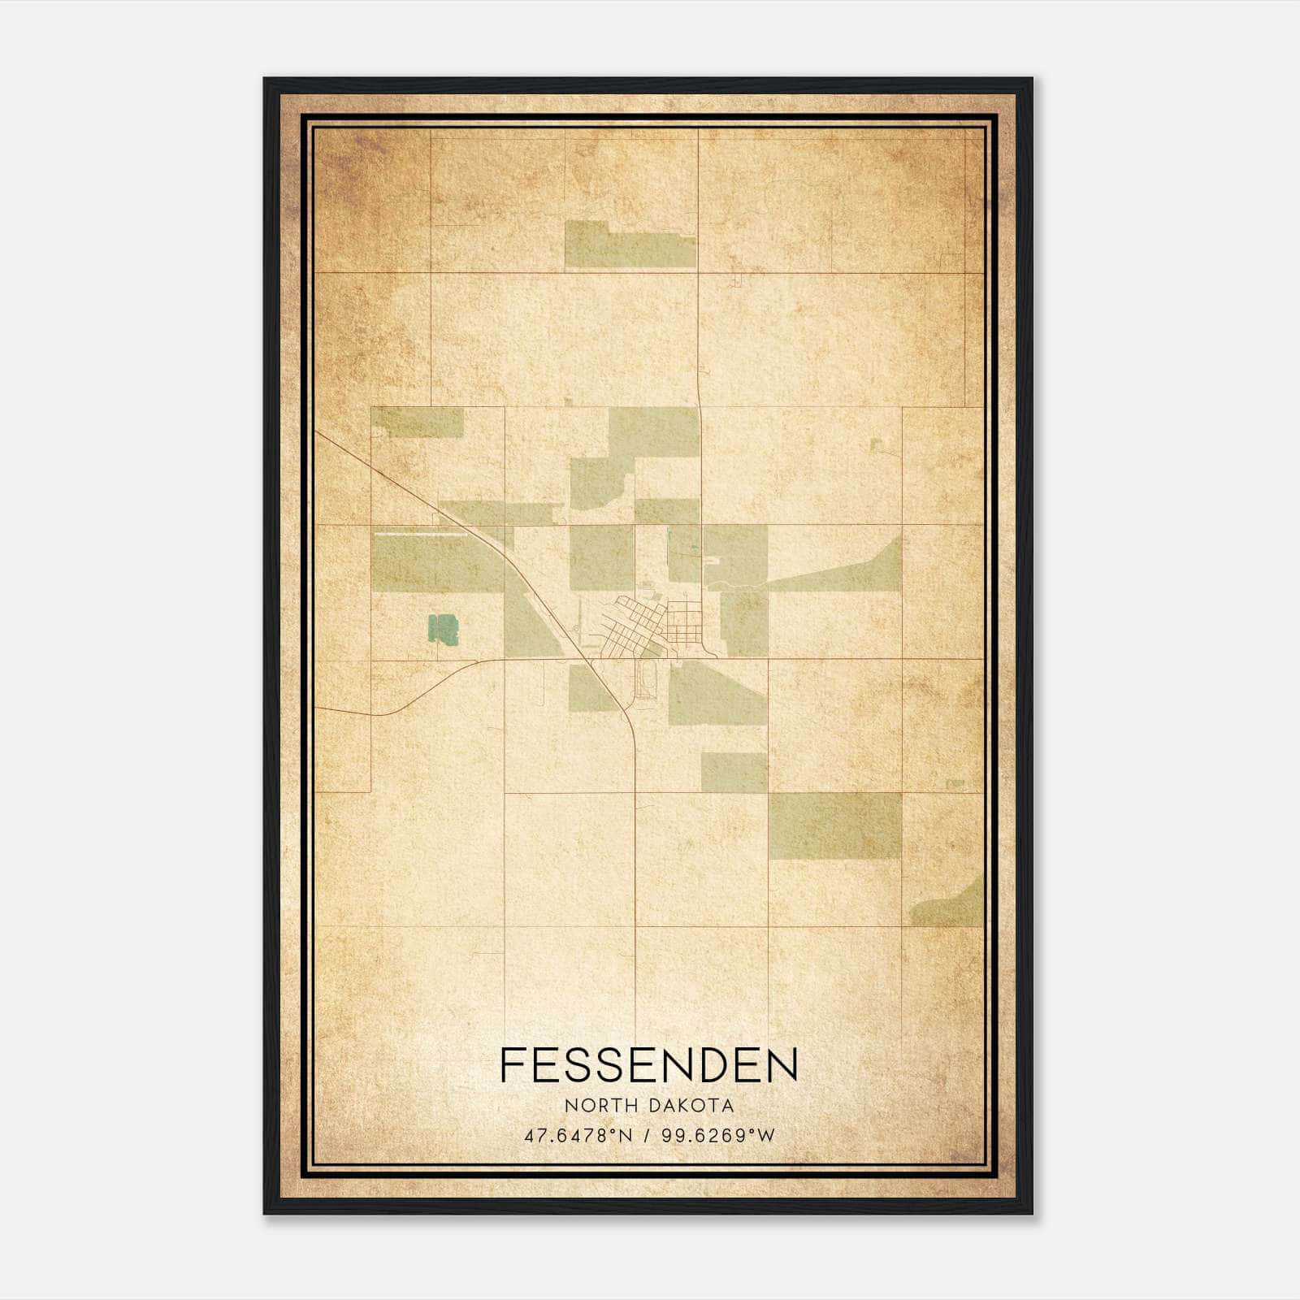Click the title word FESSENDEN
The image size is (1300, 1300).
(648, 1065)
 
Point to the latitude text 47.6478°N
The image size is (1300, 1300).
(578, 1136)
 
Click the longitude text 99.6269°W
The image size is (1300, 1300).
(718, 1136)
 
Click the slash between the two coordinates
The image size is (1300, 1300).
(647, 1136)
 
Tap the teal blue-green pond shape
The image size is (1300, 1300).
(444, 630)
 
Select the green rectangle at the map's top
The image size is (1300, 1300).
(630, 245)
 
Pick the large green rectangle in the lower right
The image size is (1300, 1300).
(835, 825)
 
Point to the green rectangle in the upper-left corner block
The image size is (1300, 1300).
(418, 422)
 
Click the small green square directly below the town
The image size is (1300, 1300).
(733, 772)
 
